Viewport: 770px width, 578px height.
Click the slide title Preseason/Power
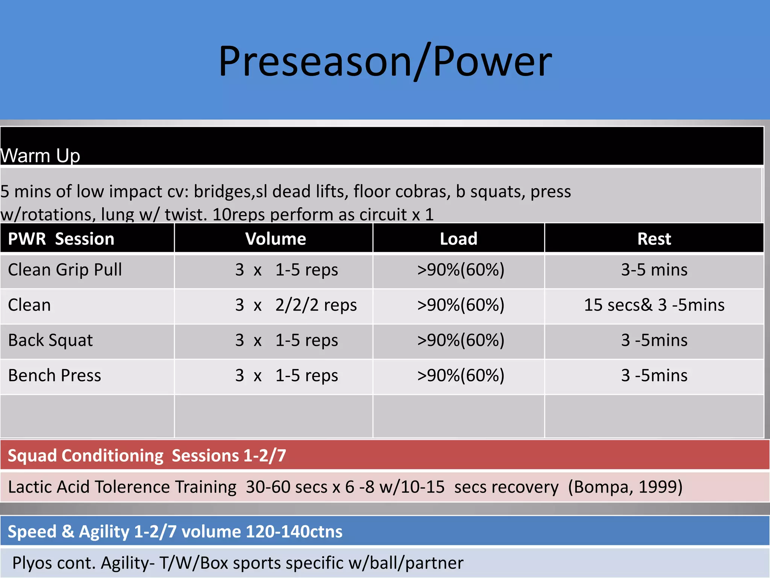[x=385, y=61]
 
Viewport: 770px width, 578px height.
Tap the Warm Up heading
[x=40, y=155]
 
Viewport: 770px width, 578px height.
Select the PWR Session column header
[x=61, y=239]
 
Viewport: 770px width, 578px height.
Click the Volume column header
[x=276, y=239]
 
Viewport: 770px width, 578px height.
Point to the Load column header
[x=458, y=239]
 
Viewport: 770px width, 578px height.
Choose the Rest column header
[x=654, y=239]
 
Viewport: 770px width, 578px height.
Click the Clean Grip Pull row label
[x=65, y=270]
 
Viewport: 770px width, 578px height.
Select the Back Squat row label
[x=50, y=340]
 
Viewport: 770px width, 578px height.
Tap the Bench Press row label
[x=55, y=376]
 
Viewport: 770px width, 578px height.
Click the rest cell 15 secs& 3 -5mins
[x=654, y=305]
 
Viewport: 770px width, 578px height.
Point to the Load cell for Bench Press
[x=461, y=376]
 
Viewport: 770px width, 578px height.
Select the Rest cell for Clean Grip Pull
[x=654, y=270]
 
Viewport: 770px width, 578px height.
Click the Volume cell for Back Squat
[x=287, y=340]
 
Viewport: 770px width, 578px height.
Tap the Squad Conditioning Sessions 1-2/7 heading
[x=147, y=455]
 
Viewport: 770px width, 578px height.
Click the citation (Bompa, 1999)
[x=625, y=487]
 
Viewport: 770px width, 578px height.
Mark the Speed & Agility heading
[x=175, y=531]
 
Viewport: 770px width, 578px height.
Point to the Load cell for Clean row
[x=461, y=305]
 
